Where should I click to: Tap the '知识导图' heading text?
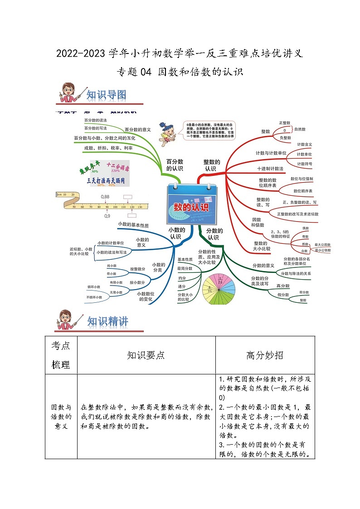click(x=106, y=95)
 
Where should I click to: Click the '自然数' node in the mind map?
click(x=300, y=129)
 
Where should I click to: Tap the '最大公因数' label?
click(x=323, y=244)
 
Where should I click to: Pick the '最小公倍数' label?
click(x=323, y=250)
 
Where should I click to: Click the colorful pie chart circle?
click(x=219, y=291)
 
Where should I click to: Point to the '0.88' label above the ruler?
click(x=105, y=196)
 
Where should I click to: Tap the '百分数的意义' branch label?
click(x=137, y=129)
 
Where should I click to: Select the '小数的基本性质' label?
click(x=133, y=224)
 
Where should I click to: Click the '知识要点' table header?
click(x=146, y=355)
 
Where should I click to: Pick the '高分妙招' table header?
click(x=265, y=355)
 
